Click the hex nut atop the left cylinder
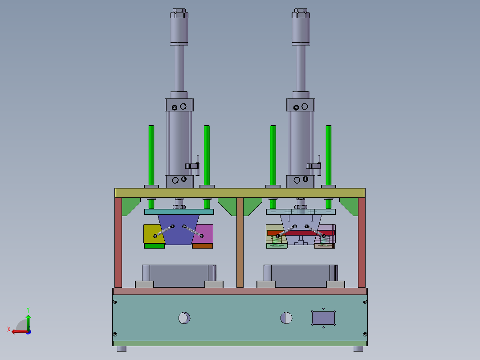179,13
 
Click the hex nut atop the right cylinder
301,13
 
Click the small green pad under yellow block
154,245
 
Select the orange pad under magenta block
203,245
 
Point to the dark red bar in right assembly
301,233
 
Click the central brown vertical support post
240,243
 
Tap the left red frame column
118,243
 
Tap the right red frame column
362,243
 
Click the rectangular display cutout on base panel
323,318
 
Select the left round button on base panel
184,318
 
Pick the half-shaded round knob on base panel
286,318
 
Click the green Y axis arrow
28,320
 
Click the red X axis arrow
17,331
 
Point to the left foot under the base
122,348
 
